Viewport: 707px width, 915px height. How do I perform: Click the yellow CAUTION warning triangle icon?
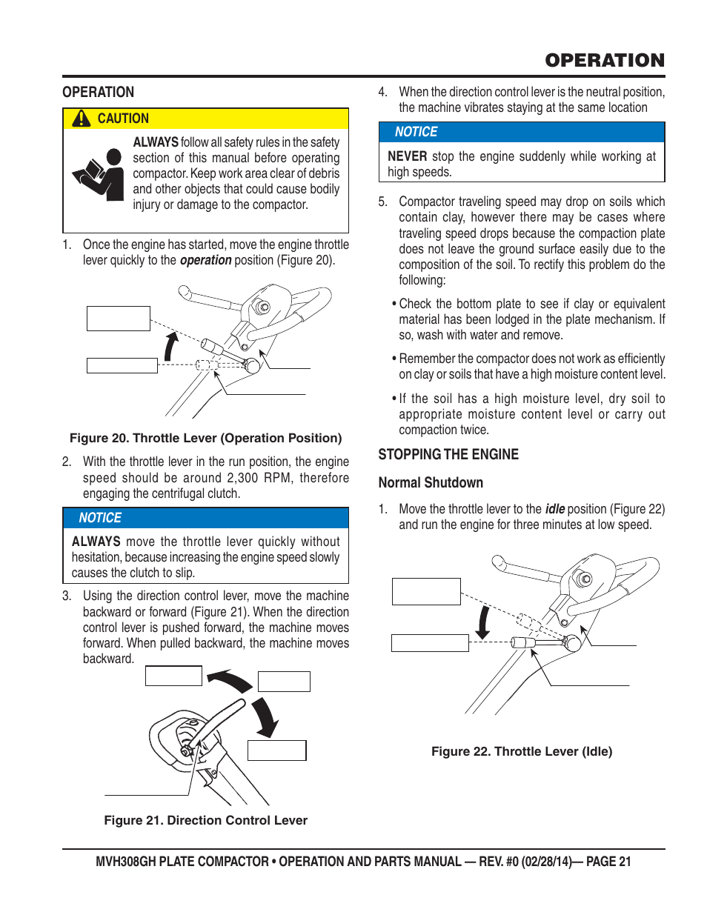(x=81, y=119)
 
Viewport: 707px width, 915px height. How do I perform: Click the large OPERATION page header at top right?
(x=605, y=61)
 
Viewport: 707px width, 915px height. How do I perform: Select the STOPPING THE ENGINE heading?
(x=448, y=454)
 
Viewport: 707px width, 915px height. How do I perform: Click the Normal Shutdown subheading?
(x=431, y=482)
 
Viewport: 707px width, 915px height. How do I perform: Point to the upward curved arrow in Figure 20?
(x=171, y=345)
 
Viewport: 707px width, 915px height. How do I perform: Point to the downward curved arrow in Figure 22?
(x=483, y=622)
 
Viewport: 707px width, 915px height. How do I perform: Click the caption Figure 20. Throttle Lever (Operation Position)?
(x=205, y=438)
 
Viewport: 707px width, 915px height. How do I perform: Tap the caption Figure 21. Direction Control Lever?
(x=205, y=820)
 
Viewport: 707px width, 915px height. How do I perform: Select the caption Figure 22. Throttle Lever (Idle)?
(x=522, y=751)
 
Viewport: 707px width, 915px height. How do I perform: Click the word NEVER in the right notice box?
(x=407, y=156)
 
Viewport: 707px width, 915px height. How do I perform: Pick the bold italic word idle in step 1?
(x=554, y=509)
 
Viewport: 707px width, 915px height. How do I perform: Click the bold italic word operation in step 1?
(x=205, y=260)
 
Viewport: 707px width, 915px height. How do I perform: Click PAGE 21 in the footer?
(x=608, y=862)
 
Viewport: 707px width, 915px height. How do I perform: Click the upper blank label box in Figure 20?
(x=119, y=319)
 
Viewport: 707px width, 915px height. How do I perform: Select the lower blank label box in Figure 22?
(x=430, y=643)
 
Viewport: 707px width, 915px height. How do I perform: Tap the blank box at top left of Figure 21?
(x=173, y=676)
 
